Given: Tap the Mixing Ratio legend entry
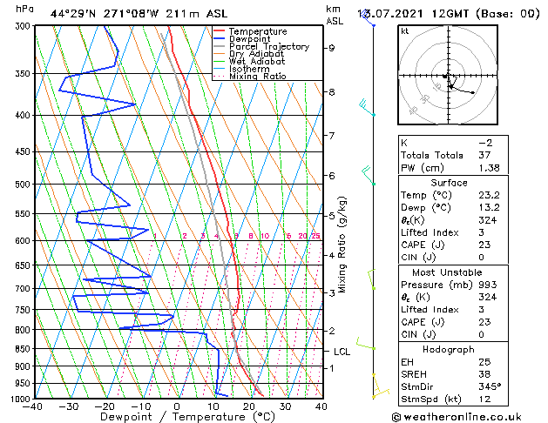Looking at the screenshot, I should point(258,77).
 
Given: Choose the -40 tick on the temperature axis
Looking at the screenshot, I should point(34,406).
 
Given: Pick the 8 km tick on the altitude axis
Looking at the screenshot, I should point(332,92).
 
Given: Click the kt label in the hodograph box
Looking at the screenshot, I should point(404,31).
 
